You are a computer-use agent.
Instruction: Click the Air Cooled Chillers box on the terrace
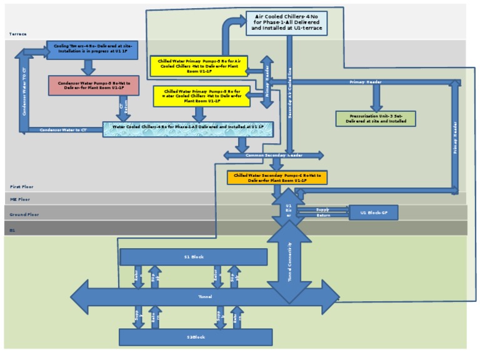point(286,22)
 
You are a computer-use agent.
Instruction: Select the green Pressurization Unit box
point(376,118)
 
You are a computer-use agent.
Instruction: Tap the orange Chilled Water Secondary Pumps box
point(277,177)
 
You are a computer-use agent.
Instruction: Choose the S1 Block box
point(193,257)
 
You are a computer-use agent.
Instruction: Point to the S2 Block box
point(196,337)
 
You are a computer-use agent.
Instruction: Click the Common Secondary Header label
point(274,155)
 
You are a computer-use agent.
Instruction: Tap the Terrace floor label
point(18,34)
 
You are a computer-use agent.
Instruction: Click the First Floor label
point(22,187)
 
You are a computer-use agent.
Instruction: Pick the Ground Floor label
point(24,214)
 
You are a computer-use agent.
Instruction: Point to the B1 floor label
point(12,231)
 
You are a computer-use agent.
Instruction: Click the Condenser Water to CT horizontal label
point(63,130)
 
